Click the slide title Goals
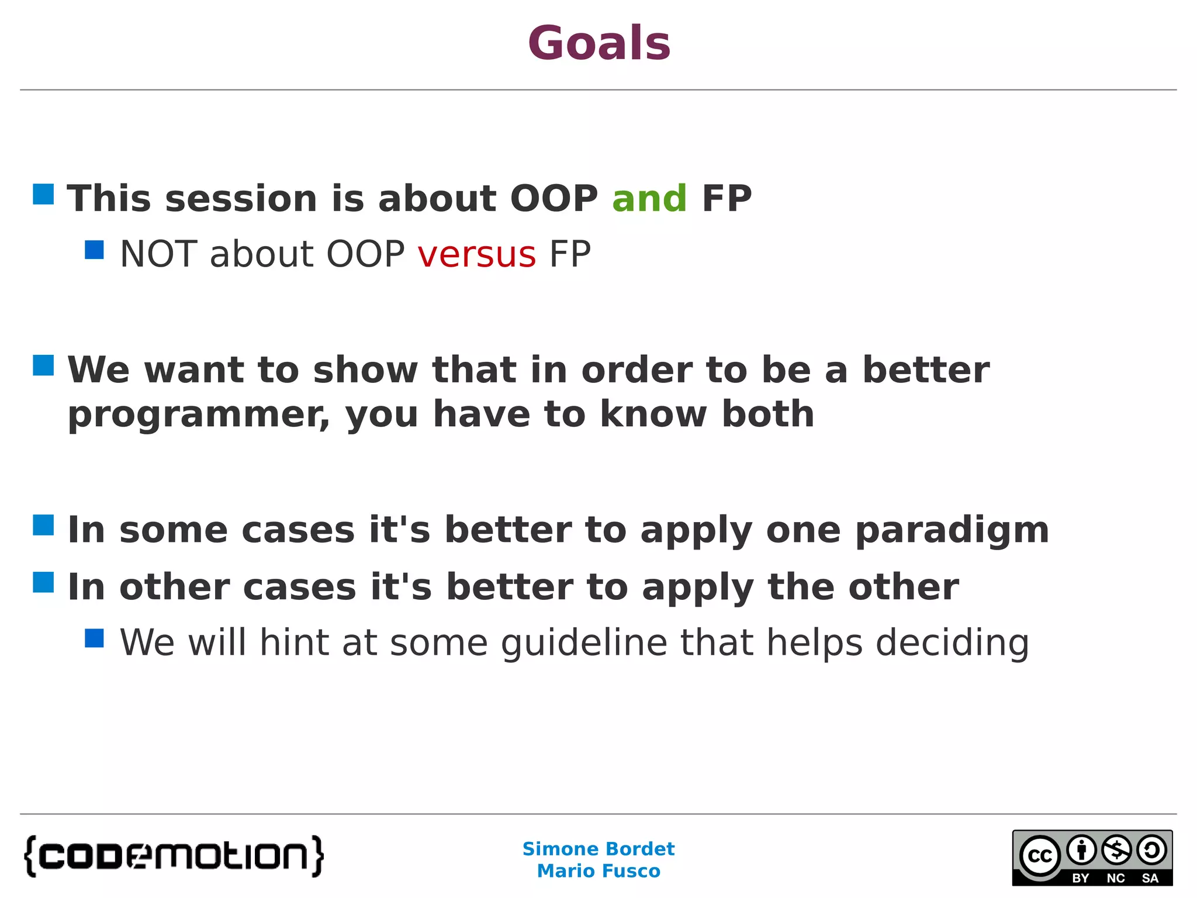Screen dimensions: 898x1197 pos(598,44)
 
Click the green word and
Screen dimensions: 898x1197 pos(649,199)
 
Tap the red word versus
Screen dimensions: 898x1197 pos(476,255)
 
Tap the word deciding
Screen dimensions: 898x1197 pos(952,643)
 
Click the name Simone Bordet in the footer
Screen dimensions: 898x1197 pos(598,849)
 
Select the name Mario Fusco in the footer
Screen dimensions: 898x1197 pos(598,871)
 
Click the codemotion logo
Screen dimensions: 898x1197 pos(174,856)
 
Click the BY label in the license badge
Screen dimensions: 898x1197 pos(1081,878)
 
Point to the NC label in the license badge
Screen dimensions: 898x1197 pos(1116,878)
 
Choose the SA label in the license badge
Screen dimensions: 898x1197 pos(1150,878)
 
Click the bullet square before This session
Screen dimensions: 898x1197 pos(43,194)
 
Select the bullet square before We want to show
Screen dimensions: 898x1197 pos(43,365)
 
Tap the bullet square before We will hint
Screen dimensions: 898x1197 pos(94,638)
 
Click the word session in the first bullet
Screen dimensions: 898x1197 pos(241,199)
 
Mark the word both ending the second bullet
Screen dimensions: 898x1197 pos(767,415)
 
